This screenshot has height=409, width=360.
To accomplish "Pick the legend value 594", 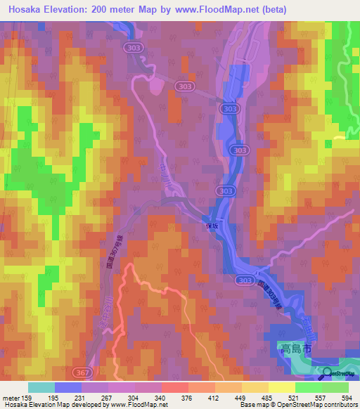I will [345, 397].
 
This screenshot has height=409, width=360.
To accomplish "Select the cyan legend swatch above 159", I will [41, 387].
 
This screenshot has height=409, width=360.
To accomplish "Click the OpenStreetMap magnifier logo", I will [328, 373].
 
